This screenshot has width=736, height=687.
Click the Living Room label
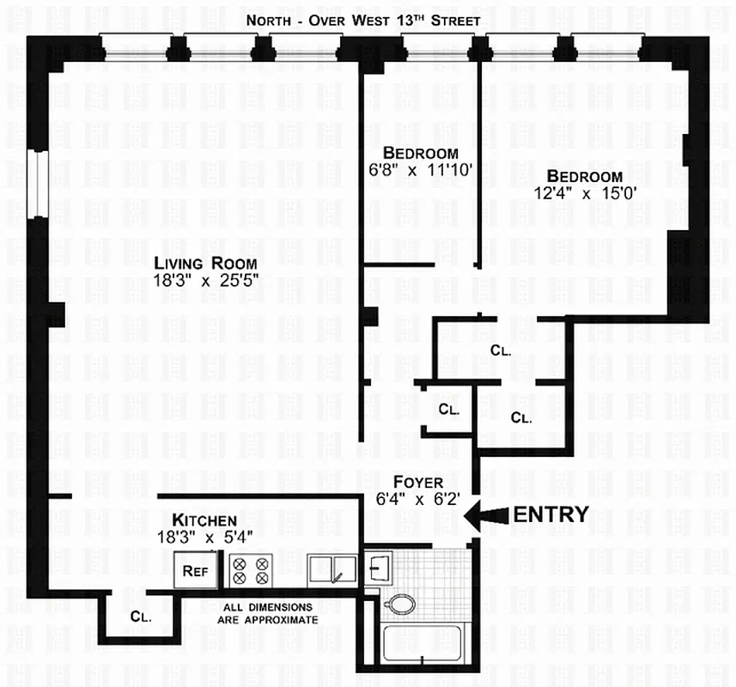[x=205, y=262]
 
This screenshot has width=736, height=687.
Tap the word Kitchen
[x=204, y=520]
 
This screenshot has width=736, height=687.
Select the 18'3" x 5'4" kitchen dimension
[x=204, y=538]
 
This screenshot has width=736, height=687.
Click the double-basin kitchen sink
[x=332, y=568]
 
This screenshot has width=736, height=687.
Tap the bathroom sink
[x=379, y=567]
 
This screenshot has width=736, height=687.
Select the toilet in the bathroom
[x=397, y=604]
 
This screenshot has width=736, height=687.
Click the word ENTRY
[x=550, y=515]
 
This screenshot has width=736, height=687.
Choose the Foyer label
[x=418, y=481]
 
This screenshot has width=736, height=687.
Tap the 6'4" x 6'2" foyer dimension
[x=418, y=497]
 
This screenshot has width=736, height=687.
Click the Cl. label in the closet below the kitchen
[x=142, y=616]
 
